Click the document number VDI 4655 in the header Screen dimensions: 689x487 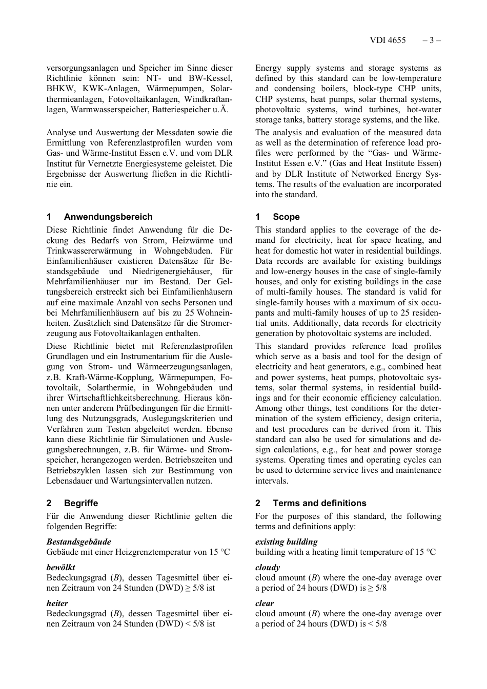click(x=387, y=40)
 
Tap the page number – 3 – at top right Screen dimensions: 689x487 click(x=432, y=40)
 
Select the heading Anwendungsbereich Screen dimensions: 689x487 click(x=108, y=217)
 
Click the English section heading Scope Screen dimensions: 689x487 click(x=286, y=217)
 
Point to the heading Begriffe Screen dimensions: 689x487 click(x=81, y=503)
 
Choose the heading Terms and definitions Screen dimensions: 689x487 click(x=319, y=503)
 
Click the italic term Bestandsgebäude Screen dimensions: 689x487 click(x=78, y=541)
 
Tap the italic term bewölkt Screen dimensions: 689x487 click(x=60, y=567)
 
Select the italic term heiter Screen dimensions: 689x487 click(x=57, y=603)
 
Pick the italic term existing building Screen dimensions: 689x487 click(x=286, y=541)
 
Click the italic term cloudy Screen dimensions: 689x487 click(x=268, y=567)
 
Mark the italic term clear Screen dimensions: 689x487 click(x=265, y=603)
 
